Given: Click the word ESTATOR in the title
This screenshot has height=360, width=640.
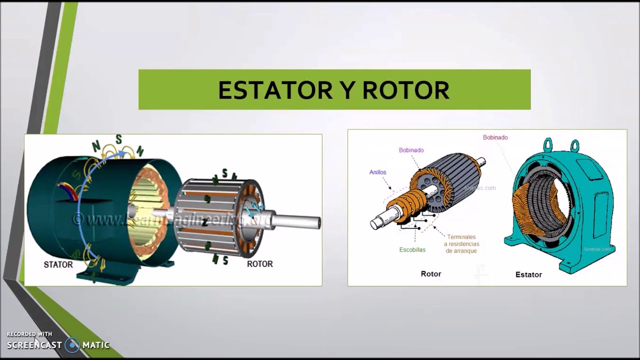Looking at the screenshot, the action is tap(275, 90).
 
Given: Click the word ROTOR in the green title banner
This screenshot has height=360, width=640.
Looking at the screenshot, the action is tap(405, 90).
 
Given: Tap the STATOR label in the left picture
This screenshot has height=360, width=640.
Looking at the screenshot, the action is tap(58, 264).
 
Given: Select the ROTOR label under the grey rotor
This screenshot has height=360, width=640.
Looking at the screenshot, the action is tap(260, 263).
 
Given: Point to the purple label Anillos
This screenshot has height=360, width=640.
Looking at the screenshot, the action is tap(377, 172).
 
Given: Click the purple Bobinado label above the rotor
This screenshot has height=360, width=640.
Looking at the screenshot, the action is tap(411, 150).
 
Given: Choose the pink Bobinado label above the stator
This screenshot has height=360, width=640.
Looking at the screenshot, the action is tap(495, 137).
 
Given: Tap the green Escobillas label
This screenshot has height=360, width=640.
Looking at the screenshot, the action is tap(412, 249).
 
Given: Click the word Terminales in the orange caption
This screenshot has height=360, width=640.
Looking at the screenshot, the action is tap(461, 237).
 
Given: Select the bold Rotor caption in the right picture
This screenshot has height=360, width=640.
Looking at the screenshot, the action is tap(430, 273).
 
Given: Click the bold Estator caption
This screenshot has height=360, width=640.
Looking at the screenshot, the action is tap(528, 274).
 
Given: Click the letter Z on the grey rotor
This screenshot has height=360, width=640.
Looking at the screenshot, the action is tap(204, 223).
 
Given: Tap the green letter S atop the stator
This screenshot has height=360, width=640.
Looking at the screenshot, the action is tap(119, 139).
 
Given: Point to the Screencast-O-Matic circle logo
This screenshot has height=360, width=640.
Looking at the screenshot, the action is tap(72, 344).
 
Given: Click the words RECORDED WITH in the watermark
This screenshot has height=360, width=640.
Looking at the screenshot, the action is tap(29, 334).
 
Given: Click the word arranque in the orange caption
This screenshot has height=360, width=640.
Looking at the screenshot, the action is tap(460, 250).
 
